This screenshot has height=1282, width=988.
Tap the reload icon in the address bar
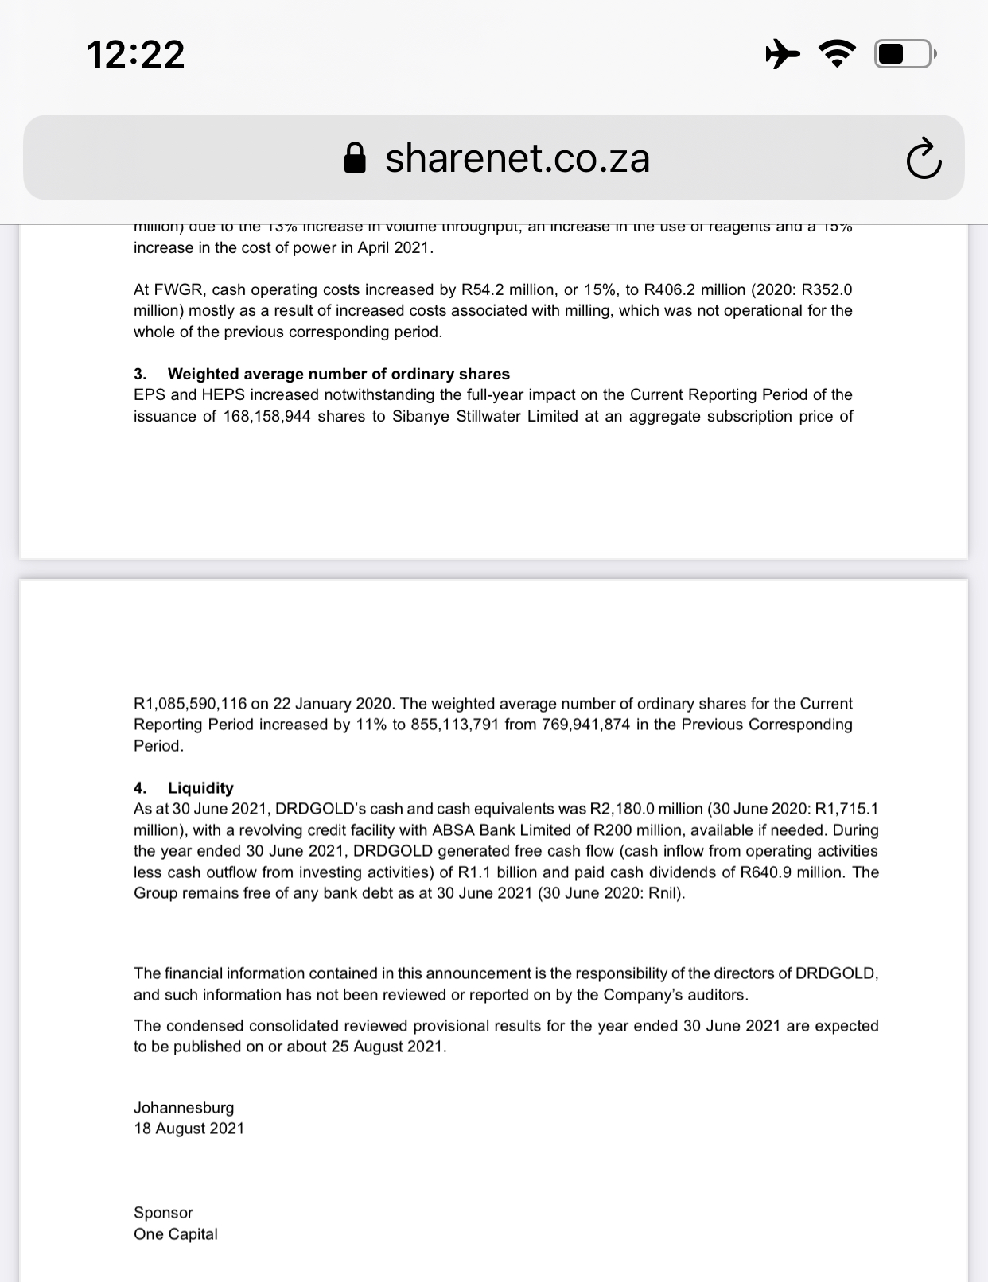pos(924,158)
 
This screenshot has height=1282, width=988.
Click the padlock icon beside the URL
pos(355,158)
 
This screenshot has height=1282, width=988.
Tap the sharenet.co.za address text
pos(517,158)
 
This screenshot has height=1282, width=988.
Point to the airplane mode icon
pos(783,54)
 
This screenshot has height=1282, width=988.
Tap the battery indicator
pos(905,54)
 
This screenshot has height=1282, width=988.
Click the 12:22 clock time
pos(136,55)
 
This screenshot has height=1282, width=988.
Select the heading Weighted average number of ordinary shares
pos(338,374)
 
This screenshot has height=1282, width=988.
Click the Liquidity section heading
pos(200,788)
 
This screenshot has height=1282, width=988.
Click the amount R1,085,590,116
pos(190,704)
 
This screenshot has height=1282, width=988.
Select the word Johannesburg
pos(184,1108)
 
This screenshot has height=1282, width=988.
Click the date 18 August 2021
pos(189,1129)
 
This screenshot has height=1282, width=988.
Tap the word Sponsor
pos(163,1213)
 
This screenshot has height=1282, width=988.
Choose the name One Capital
pos(175,1234)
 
